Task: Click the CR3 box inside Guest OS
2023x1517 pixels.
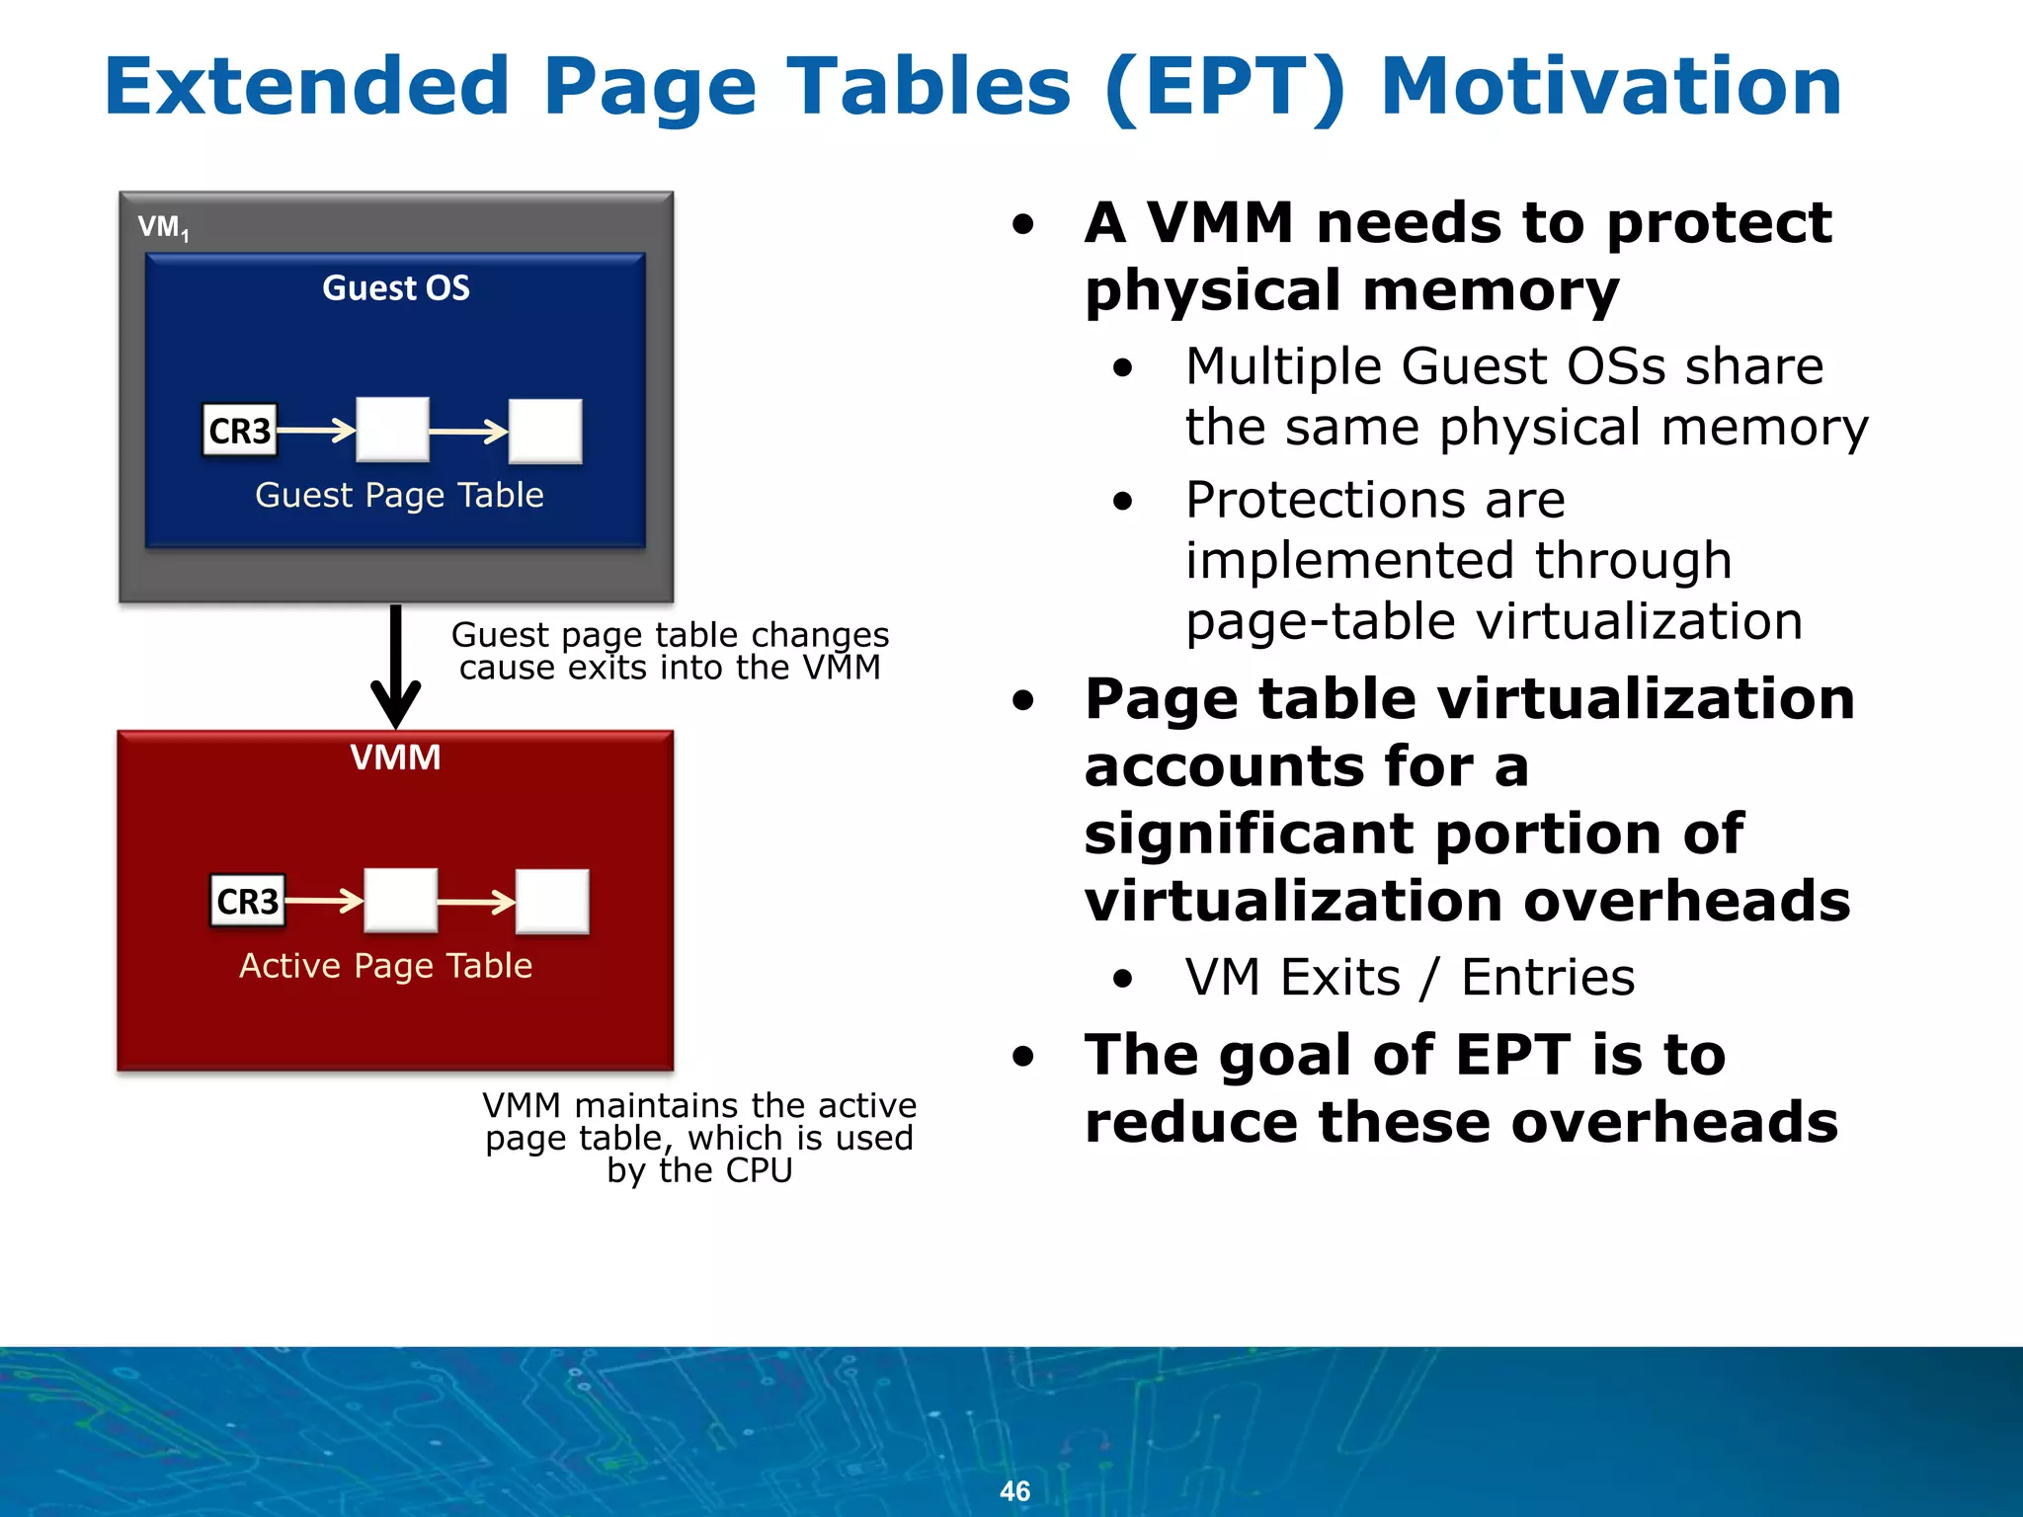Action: pyautogui.click(x=239, y=431)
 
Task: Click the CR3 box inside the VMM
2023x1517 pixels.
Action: pyautogui.click(x=247, y=901)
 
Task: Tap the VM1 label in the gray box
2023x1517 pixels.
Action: pyautogui.click(x=162, y=227)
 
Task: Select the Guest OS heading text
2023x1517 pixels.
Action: pyautogui.click(x=396, y=287)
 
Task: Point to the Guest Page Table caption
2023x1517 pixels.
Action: pyautogui.click(x=399, y=494)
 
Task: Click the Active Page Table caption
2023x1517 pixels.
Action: pyautogui.click(x=385, y=965)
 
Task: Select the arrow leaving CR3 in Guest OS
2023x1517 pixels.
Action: pyautogui.click(x=316, y=431)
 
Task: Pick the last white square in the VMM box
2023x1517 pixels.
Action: pyautogui.click(x=552, y=901)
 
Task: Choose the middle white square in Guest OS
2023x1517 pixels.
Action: pyautogui.click(x=392, y=430)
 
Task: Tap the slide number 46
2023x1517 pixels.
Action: pyautogui.click(x=1014, y=1490)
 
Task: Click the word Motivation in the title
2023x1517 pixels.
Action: pyautogui.click(x=1610, y=87)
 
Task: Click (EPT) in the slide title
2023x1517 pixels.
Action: pyautogui.click(x=1225, y=87)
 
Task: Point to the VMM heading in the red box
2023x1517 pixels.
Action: pyautogui.click(x=395, y=758)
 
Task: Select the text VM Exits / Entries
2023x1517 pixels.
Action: pyautogui.click(x=1410, y=977)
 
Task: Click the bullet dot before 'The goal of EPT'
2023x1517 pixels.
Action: pyautogui.click(x=1023, y=1057)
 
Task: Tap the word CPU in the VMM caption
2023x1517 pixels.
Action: pyautogui.click(x=759, y=1170)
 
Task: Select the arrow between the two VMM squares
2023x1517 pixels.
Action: pyautogui.click(x=476, y=901)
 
